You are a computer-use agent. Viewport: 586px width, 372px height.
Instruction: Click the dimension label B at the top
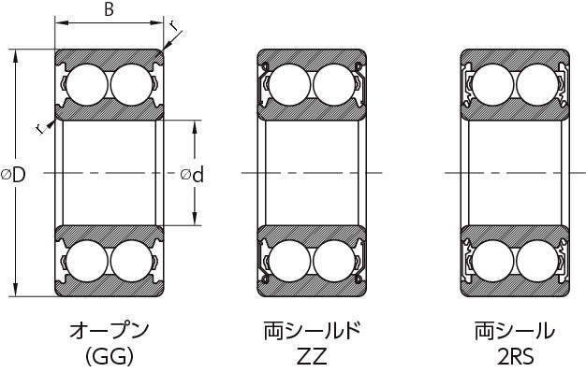(x=109, y=8)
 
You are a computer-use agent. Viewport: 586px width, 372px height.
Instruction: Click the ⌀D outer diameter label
(x=13, y=174)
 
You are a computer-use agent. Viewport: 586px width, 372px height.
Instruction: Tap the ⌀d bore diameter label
(x=192, y=174)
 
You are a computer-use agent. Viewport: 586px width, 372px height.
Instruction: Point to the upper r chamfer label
(x=173, y=25)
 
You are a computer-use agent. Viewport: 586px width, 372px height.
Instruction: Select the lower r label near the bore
(x=40, y=129)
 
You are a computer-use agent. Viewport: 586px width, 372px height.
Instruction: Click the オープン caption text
(x=110, y=330)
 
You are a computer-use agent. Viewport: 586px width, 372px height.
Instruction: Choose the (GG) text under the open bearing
(x=110, y=356)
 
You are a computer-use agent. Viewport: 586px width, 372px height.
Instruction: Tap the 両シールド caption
(x=312, y=330)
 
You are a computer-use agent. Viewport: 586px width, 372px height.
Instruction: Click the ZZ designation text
(x=312, y=356)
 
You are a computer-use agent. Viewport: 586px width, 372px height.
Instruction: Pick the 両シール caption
(x=515, y=330)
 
